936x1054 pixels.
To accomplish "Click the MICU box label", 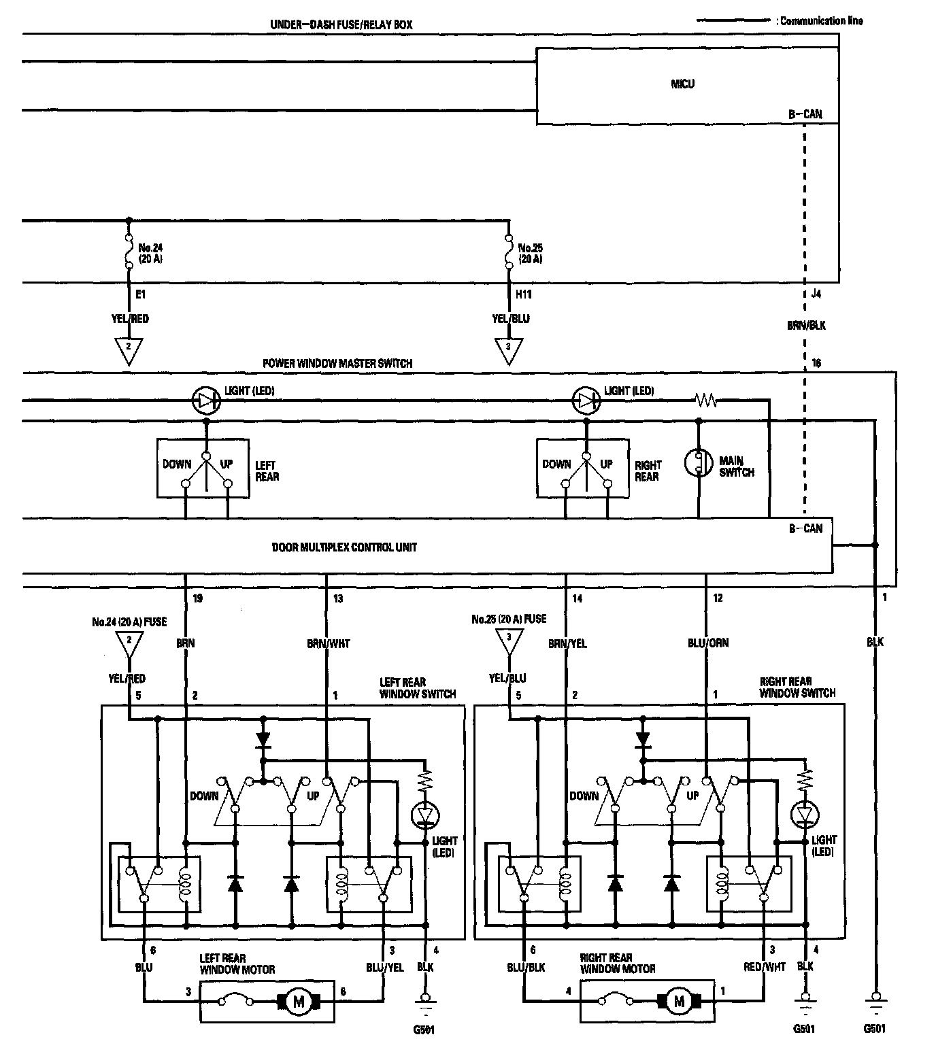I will tap(682, 84).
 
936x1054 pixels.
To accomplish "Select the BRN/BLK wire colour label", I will tap(806, 326).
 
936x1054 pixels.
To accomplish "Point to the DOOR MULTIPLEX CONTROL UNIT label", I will tap(344, 547).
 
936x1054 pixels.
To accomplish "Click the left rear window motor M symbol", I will tap(297, 1001).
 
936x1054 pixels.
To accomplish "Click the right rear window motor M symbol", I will tap(678, 1001).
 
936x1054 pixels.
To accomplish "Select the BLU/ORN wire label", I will tap(707, 643).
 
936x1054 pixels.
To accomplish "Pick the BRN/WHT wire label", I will tap(328, 643).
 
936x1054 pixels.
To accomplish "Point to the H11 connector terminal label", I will tap(523, 295).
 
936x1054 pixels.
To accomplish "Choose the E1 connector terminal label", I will tap(140, 295).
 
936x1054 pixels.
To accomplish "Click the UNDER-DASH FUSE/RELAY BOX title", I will tap(341, 25).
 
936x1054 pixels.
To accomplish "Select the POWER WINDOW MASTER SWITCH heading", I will tap(337, 364).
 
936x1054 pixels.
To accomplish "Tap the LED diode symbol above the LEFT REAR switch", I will tap(205, 401).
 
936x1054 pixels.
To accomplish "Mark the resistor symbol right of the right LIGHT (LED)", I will tap(705, 401).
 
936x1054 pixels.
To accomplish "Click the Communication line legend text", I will tap(821, 21).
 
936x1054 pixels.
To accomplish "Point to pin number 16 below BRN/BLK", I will tap(816, 363).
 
